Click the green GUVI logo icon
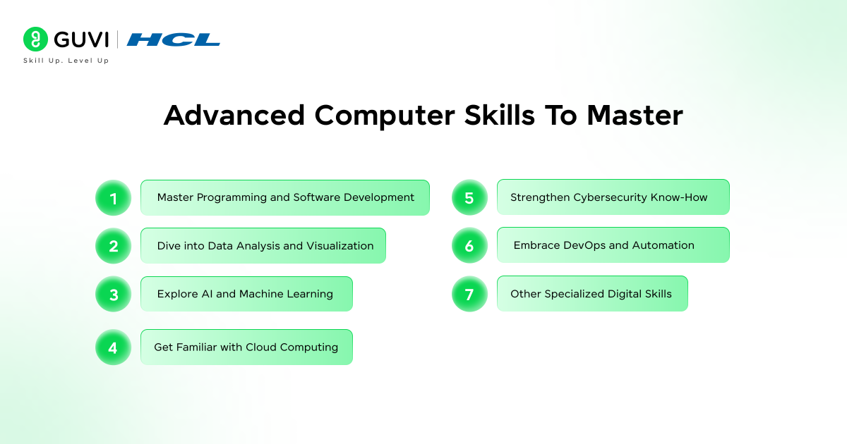click(x=35, y=39)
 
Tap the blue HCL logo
click(x=173, y=39)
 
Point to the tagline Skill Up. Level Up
click(x=66, y=61)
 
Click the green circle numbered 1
click(x=114, y=198)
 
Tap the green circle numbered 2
click(x=114, y=246)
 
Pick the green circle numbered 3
click(x=114, y=295)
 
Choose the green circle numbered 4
click(x=114, y=347)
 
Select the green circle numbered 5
click(x=469, y=198)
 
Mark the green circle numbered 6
click(x=469, y=246)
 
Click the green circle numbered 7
click(x=469, y=295)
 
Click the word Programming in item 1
click(x=229, y=198)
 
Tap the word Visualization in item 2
click(x=340, y=246)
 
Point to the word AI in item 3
click(x=206, y=294)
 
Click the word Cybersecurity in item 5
click(x=606, y=197)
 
